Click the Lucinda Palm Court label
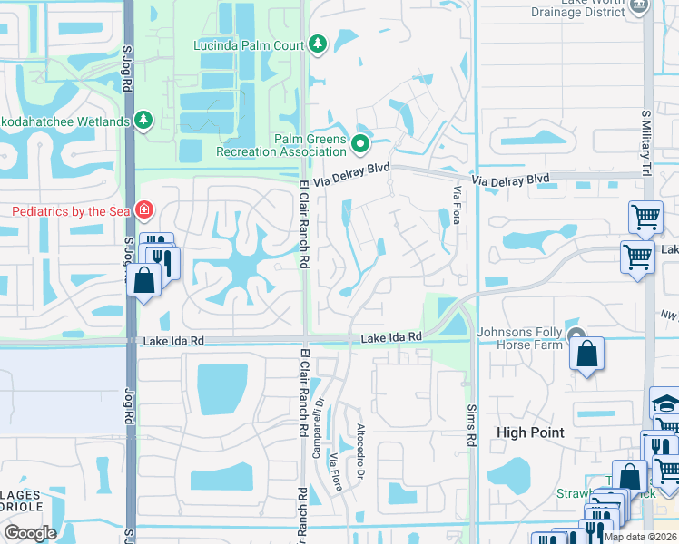248,44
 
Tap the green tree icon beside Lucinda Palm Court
317,44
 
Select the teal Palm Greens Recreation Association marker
361,143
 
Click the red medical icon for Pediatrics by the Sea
143,210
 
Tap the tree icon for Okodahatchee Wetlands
143,120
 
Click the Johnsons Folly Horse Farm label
527,337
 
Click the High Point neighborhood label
530,433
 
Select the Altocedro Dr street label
360,451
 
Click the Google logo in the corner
30,533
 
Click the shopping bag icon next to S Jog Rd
144,280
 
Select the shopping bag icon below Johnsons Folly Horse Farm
587,356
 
